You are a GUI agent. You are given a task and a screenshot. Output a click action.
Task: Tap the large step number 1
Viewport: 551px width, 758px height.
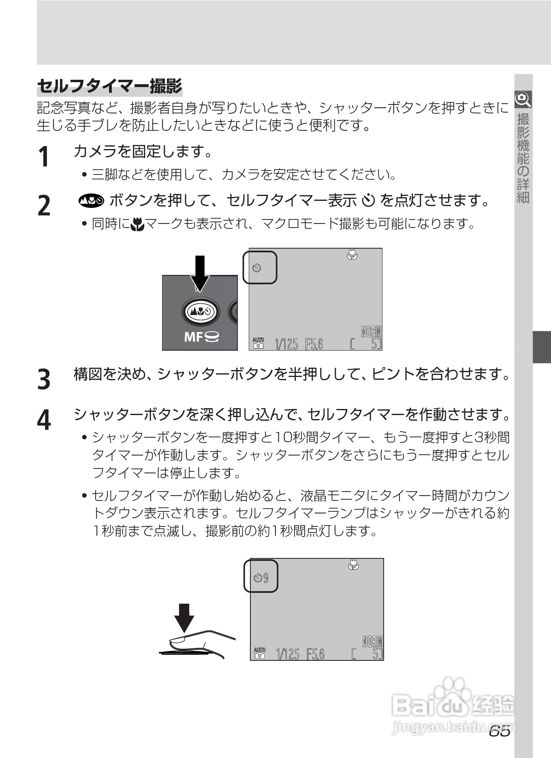coord(44,157)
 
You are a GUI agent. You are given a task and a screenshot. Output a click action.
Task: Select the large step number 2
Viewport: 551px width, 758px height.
coord(44,205)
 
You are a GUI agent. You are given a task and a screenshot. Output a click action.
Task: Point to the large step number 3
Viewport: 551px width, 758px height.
coord(44,379)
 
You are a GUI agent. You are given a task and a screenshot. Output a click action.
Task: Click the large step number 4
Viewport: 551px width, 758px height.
coord(44,420)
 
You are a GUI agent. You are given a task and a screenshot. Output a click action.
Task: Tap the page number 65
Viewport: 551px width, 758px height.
coord(499,732)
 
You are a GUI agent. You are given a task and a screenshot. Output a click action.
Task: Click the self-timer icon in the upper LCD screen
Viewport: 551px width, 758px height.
coord(257,268)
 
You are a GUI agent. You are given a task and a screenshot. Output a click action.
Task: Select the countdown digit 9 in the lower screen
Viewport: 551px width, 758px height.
coord(266,578)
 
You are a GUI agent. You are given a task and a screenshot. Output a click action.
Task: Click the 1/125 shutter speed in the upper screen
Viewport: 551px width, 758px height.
coord(286,345)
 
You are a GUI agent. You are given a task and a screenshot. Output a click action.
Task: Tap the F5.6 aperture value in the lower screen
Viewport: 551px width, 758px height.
coord(316,654)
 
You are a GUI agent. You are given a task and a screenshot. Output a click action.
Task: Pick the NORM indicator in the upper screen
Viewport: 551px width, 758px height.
coord(371,332)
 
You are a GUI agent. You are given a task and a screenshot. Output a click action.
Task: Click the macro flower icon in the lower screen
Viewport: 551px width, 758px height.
coord(353,564)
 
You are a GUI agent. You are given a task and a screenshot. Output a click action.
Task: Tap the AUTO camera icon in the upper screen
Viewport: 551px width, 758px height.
coord(258,343)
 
